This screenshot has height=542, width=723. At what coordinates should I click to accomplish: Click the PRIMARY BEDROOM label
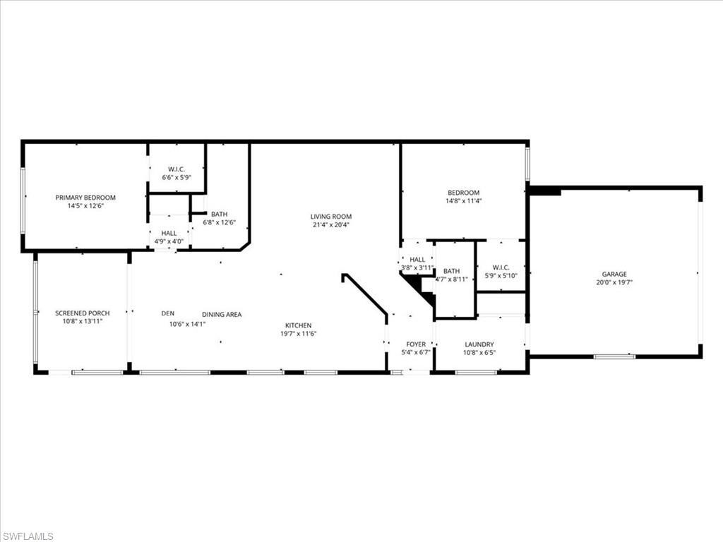pyautogui.click(x=85, y=198)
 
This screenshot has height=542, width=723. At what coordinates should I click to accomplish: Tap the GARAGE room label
pyautogui.click(x=614, y=274)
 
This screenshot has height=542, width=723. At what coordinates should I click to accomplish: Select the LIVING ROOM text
pyautogui.click(x=330, y=217)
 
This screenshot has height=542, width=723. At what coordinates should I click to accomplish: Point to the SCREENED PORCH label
pyautogui.click(x=83, y=313)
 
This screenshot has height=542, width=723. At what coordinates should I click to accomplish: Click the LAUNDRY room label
pyautogui.click(x=479, y=344)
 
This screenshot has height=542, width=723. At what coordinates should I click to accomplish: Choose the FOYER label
pyautogui.click(x=416, y=344)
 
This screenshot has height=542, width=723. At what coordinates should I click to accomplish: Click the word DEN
pyautogui.click(x=167, y=314)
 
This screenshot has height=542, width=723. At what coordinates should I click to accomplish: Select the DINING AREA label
pyautogui.click(x=222, y=315)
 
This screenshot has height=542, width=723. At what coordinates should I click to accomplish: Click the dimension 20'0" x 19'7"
pyautogui.click(x=614, y=282)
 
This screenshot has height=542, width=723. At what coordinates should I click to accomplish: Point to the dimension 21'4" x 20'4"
pyautogui.click(x=330, y=225)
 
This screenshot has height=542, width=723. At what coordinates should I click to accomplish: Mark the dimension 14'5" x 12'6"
pyautogui.click(x=85, y=206)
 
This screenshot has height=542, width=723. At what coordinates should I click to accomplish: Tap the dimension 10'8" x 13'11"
pyautogui.click(x=83, y=322)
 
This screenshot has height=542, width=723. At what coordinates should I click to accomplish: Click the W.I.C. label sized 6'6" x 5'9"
pyautogui.click(x=177, y=169)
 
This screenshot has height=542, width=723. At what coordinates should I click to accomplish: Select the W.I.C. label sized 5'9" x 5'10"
pyautogui.click(x=501, y=267)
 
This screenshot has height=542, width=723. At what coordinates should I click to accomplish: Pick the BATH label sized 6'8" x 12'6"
pyautogui.click(x=219, y=214)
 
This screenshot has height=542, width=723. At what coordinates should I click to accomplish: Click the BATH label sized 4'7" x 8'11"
pyautogui.click(x=451, y=271)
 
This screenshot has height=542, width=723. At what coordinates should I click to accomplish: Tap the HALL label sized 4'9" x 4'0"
pyautogui.click(x=169, y=233)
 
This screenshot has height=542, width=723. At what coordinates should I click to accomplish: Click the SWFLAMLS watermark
pyautogui.click(x=28, y=536)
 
